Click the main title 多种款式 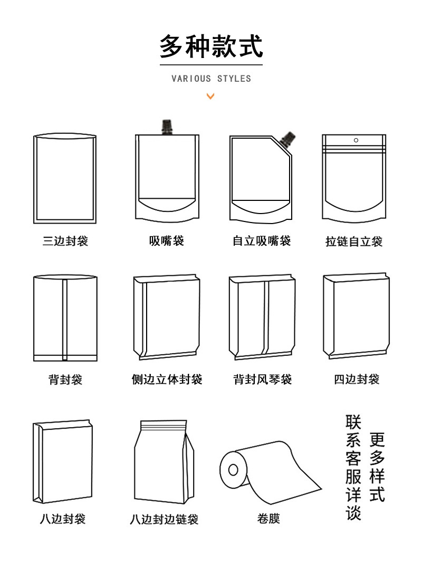[x=211, y=46]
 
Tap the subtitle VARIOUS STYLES [x=211, y=79]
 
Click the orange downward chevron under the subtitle [x=210, y=96]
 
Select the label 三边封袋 [x=65, y=241]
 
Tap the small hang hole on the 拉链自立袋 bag [x=356, y=140]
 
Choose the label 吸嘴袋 [x=167, y=241]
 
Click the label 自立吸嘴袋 [x=262, y=241]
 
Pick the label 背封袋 [x=65, y=380]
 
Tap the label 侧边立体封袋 [x=167, y=380]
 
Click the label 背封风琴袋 [x=262, y=380]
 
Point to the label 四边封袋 [x=357, y=379]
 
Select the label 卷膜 [x=268, y=519]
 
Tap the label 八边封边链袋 [x=164, y=519]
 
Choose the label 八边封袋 [x=62, y=519]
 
